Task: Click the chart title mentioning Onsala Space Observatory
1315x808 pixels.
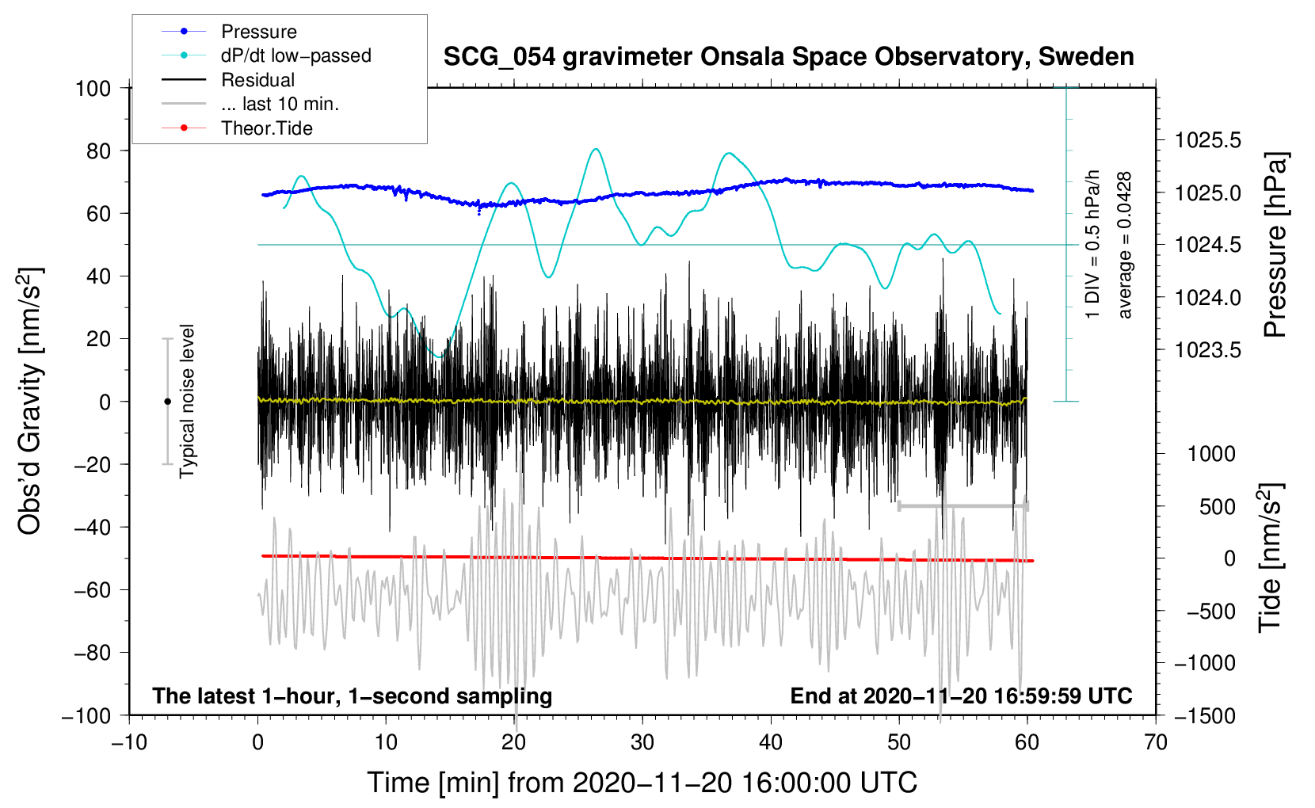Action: (788, 57)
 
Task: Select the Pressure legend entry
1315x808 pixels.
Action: (258, 32)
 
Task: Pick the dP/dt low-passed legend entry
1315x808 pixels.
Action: (295, 55)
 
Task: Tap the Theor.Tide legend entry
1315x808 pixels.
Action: (266, 128)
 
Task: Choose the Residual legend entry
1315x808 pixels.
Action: (257, 80)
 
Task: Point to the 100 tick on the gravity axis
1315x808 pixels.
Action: (93, 88)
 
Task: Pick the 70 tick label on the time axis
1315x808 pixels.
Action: (1156, 742)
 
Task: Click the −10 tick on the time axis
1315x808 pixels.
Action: (129, 742)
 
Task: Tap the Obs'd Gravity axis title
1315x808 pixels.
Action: (29, 401)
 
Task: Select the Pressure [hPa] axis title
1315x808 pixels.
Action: (1275, 246)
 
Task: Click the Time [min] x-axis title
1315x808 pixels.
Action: (642, 783)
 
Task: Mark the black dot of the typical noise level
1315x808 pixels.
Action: (167, 402)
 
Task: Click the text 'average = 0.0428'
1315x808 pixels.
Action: (1125, 246)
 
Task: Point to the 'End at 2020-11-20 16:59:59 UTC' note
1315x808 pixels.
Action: (961, 696)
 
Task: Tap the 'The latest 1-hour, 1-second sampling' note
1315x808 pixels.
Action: (353, 696)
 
